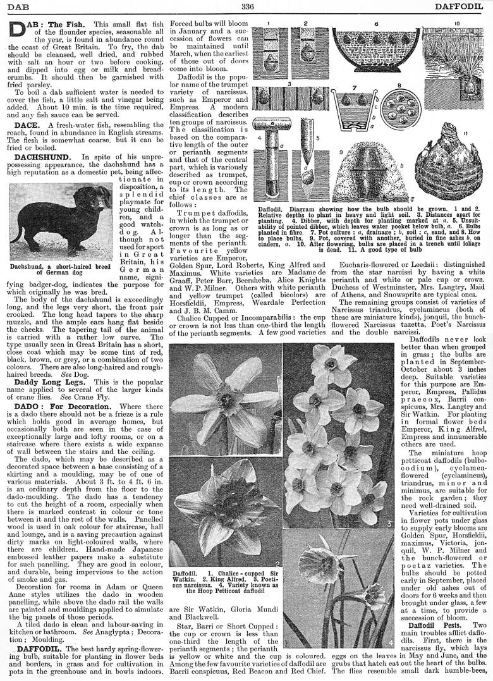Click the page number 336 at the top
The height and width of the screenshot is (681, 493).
tap(247, 6)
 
